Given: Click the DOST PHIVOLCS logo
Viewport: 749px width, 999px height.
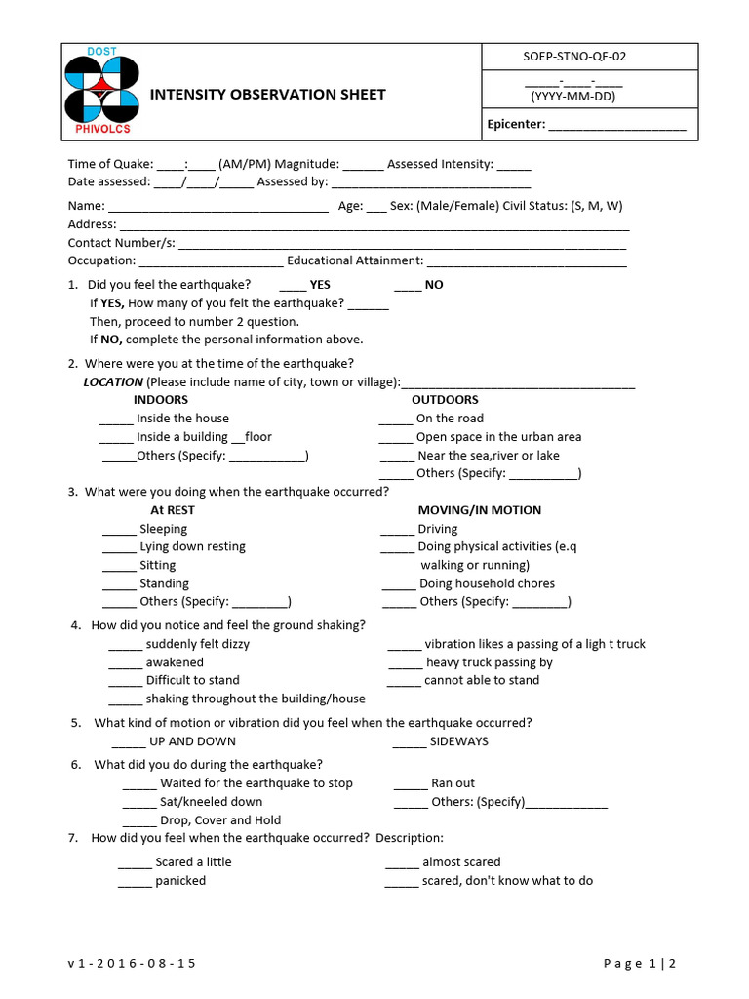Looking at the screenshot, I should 101,94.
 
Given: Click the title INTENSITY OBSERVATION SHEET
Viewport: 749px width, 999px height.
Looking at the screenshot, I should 266,95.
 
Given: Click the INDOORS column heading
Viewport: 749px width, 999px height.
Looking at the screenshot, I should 161,400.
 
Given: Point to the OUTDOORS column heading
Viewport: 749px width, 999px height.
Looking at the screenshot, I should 445,400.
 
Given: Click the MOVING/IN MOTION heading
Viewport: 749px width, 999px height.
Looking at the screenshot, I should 479,510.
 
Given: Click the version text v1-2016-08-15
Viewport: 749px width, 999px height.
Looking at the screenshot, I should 132,964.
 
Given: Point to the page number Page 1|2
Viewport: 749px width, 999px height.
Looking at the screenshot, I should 640,964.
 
